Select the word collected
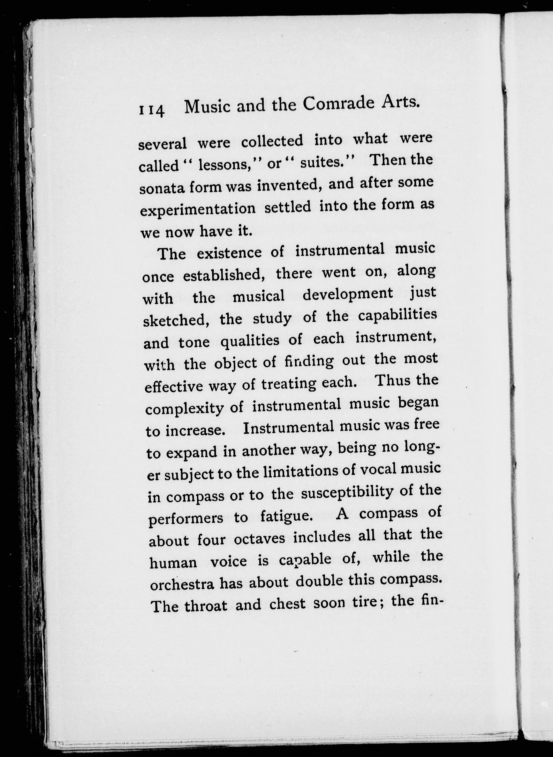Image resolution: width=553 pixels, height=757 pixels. click(272, 141)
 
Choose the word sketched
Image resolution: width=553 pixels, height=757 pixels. click(176, 320)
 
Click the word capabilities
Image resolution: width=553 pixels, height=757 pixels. click(397, 315)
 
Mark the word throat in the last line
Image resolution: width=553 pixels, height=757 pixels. click(206, 606)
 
